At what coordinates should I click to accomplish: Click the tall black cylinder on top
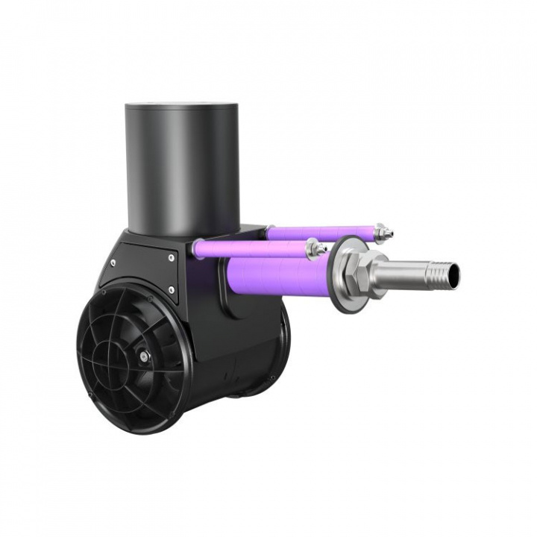(182, 168)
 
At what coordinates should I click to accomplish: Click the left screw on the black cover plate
(113, 263)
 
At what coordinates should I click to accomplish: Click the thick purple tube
(276, 273)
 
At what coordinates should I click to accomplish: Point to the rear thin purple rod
(321, 232)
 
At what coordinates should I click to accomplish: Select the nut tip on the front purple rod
(317, 248)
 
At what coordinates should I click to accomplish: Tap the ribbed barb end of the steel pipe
(441, 274)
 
